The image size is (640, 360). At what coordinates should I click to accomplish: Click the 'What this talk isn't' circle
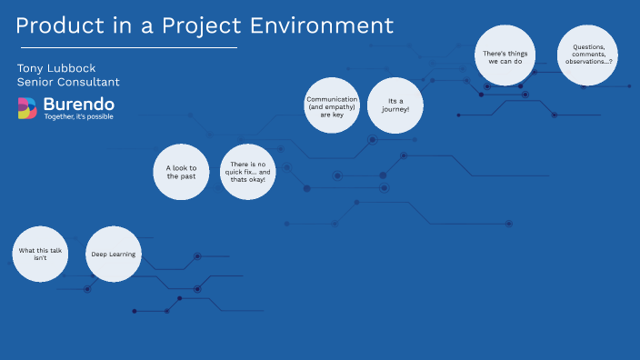(x=40, y=254)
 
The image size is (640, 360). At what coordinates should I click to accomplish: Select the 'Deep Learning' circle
(x=114, y=254)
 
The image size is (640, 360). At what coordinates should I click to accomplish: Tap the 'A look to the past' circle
(x=181, y=173)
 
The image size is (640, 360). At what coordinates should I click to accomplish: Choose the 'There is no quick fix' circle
(x=248, y=173)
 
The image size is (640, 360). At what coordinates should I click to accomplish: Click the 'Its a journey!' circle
(x=394, y=105)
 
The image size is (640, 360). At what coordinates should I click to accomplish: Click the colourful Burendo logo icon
(x=27, y=108)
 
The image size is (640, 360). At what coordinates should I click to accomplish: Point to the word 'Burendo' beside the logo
(x=78, y=104)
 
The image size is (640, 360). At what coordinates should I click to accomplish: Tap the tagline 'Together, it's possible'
(x=79, y=117)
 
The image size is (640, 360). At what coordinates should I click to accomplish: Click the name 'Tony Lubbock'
(x=55, y=68)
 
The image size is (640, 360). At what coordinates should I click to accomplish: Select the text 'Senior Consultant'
(x=68, y=83)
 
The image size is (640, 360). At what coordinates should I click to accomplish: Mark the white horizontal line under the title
(x=127, y=46)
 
